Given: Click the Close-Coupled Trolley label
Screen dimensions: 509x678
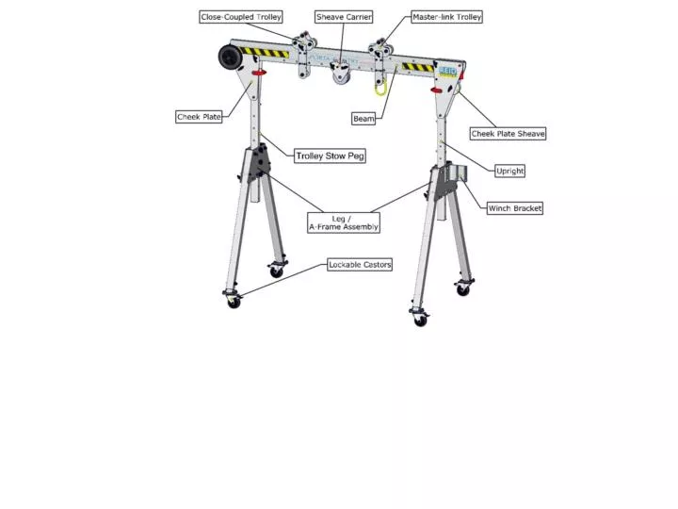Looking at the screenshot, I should [x=241, y=17].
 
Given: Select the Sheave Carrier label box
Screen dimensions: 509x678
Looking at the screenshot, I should [x=344, y=17].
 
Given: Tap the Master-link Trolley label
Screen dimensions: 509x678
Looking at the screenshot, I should [x=447, y=17].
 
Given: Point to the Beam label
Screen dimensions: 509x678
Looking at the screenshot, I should [x=363, y=119].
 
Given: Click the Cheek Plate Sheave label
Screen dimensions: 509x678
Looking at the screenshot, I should [x=508, y=134].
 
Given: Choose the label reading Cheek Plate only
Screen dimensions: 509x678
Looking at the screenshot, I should [x=199, y=117].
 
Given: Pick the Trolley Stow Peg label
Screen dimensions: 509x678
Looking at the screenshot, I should [x=330, y=156].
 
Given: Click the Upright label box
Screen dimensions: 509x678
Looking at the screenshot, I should [x=509, y=171].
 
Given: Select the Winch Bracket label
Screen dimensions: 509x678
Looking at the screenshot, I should [x=515, y=207].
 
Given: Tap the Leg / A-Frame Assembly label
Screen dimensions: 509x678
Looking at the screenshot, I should [x=344, y=222].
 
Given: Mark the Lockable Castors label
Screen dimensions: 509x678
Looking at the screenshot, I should [x=360, y=265].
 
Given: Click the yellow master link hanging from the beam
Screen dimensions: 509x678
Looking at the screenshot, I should [x=380, y=88].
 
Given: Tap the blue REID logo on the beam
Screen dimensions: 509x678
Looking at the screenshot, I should [x=447, y=71].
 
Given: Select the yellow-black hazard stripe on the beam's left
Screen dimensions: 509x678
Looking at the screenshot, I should [x=264, y=53].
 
